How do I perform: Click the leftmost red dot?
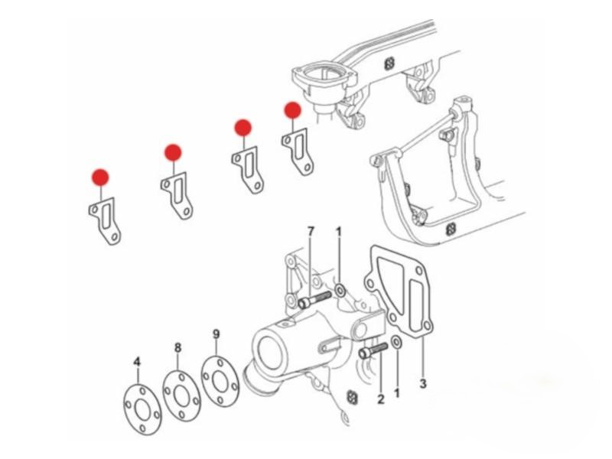point(100,177)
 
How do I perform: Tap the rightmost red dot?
point(293,110)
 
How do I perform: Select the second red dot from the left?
point(173,152)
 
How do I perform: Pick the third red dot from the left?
point(243,128)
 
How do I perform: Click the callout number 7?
point(311,232)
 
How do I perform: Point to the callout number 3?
point(423,383)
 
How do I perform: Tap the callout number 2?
point(381,399)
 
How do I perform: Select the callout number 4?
point(137,362)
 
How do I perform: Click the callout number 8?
point(178,347)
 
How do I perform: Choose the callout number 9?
point(216,334)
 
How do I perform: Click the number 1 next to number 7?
point(339,232)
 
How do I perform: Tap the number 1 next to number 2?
point(397,392)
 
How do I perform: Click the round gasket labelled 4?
point(142,410)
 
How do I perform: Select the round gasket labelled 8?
point(181,396)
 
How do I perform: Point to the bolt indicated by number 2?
point(373,350)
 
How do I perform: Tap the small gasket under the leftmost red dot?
point(105,221)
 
